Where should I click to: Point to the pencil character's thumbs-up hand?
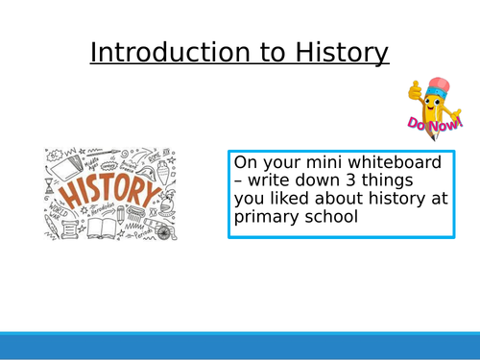point(415,94)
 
